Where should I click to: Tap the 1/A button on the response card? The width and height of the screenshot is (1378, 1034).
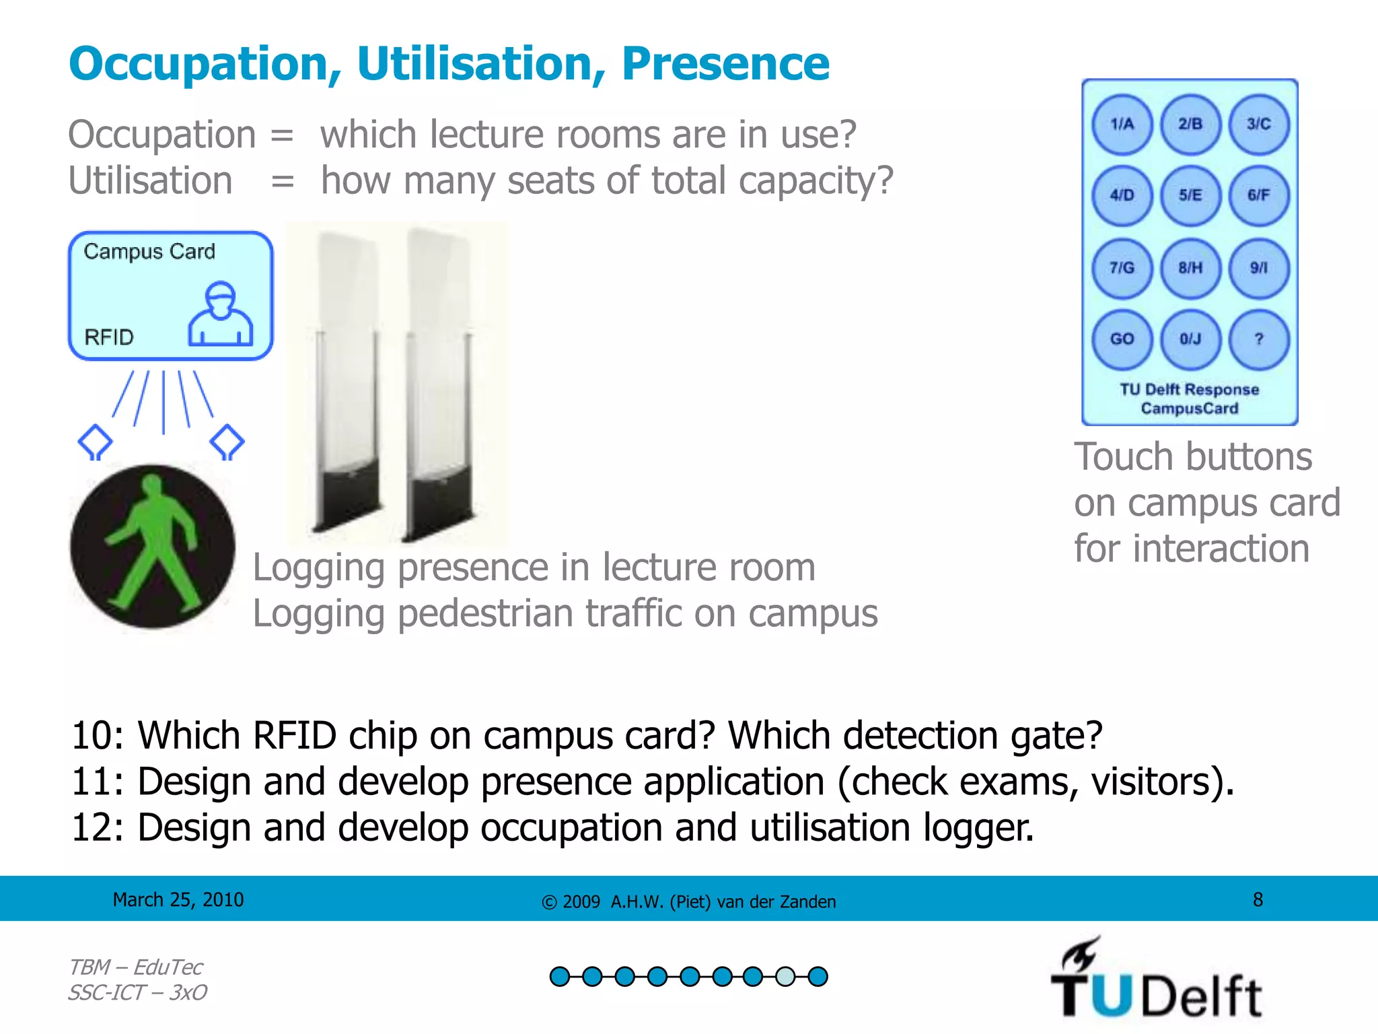[x=1122, y=125]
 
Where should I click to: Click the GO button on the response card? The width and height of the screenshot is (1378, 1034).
[x=1122, y=339]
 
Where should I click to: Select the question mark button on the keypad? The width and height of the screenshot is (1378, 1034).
[x=1259, y=339]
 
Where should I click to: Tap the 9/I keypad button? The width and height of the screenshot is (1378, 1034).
[x=1259, y=267]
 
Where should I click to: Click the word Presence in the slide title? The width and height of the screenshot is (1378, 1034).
[x=725, y=64]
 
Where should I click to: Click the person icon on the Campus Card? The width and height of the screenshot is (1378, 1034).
[x=220, y=314]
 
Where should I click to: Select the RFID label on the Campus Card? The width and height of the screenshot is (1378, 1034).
[x=109, y=337]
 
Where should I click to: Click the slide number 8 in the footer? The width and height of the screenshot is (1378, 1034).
[x=1258, y=899]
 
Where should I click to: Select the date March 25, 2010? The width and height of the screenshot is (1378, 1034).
[x=178, y=899]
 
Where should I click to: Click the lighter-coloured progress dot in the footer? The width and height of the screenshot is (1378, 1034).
[x=785, y=976]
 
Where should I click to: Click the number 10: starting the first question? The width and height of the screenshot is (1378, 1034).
[x=98, y=735]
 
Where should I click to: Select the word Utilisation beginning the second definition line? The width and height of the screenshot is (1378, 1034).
[x=151, y=180]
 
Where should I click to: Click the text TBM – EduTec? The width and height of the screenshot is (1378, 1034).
[x=135, y=967]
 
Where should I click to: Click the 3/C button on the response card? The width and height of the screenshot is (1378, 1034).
[x=1259, y=125]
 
